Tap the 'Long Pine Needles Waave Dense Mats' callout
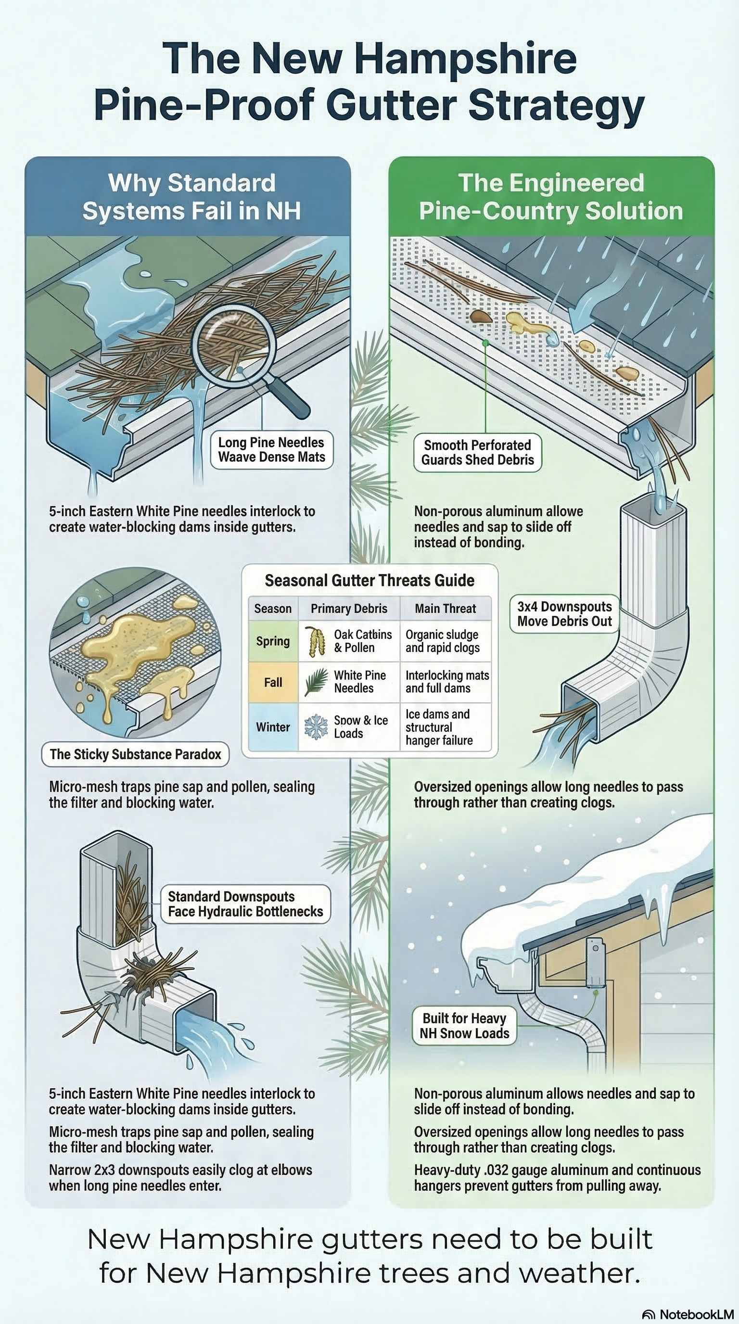point(272,450)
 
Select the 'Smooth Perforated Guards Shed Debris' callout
point(478,452)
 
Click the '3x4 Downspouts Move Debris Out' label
point(565,614)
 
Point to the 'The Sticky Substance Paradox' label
point(135,754)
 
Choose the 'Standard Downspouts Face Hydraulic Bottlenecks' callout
point(246,904)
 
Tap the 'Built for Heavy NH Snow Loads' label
point(465,1026)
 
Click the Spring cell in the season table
point(273,641)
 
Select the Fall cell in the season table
point(273,682)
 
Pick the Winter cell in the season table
point(273,727)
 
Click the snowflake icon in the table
point(316,727)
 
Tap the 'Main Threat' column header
point(446,609)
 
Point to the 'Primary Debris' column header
point(349,609)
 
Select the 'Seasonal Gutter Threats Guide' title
point(369,580)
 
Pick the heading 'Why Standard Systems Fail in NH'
point(191,197)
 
